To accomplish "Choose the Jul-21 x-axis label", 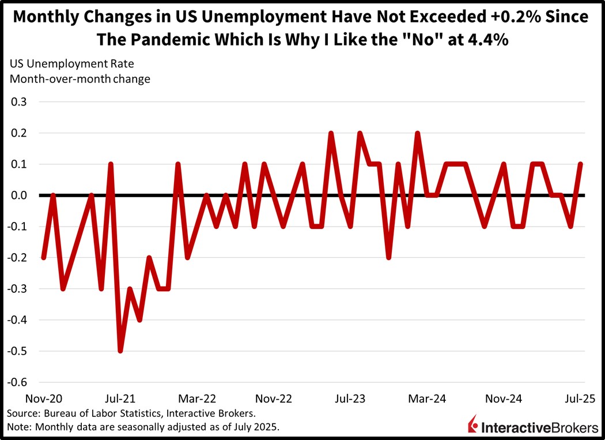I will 120,398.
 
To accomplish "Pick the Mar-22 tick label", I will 198,398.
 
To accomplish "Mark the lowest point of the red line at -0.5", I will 120,351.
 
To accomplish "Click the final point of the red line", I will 580,164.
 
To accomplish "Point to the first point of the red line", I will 43,257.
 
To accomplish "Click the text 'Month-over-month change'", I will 79,79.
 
